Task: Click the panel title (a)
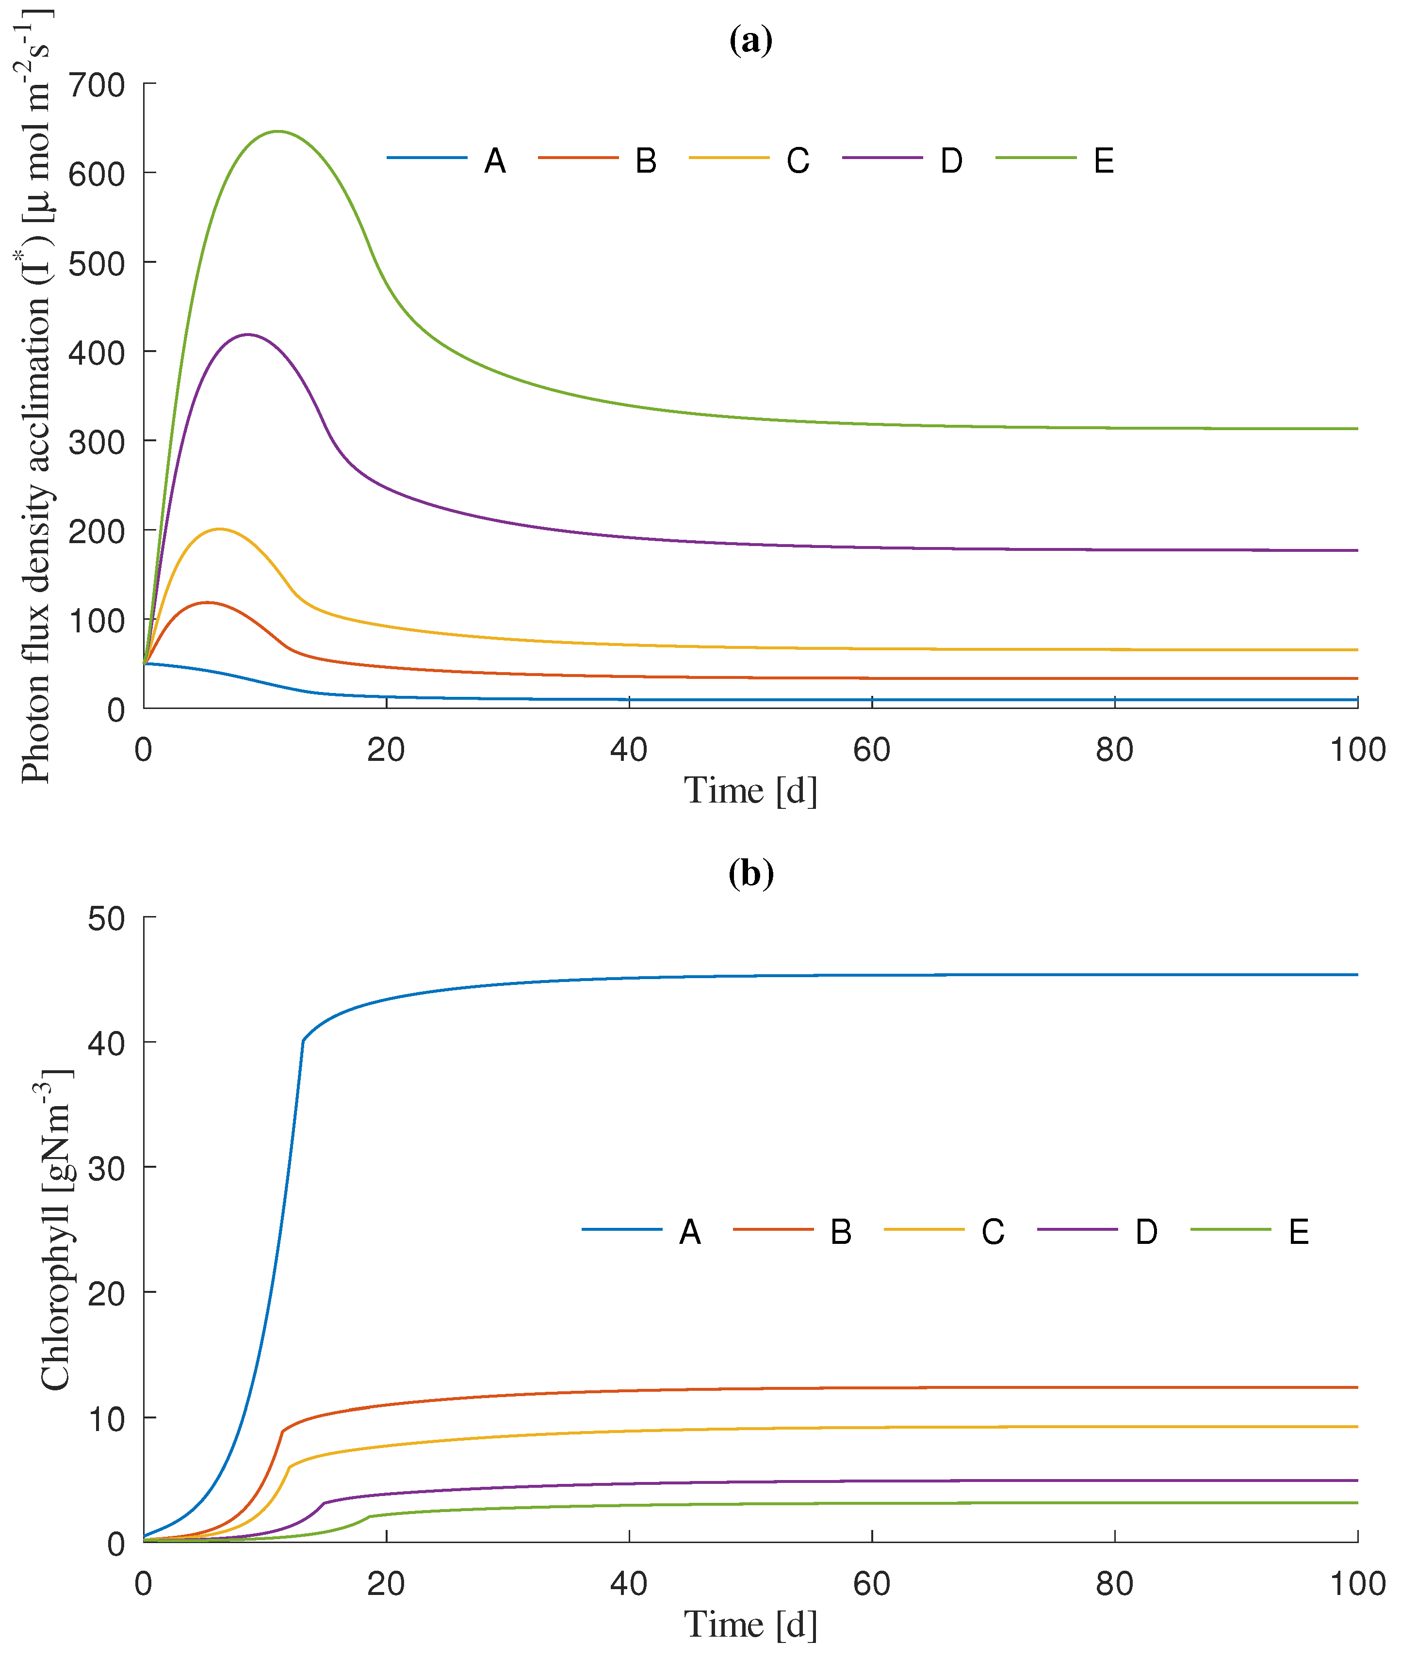click(750, 40)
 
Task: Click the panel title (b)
click(750, 873)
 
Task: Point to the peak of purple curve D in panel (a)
click(248, 334)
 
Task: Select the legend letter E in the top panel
click(1103, 161)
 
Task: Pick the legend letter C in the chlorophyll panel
click(993, 1232)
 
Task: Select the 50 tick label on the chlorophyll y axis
click(106, 919)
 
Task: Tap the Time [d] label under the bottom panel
click(750, 1625)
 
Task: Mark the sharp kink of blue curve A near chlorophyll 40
click(303, 1040)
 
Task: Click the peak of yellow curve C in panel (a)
click(219, 529)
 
